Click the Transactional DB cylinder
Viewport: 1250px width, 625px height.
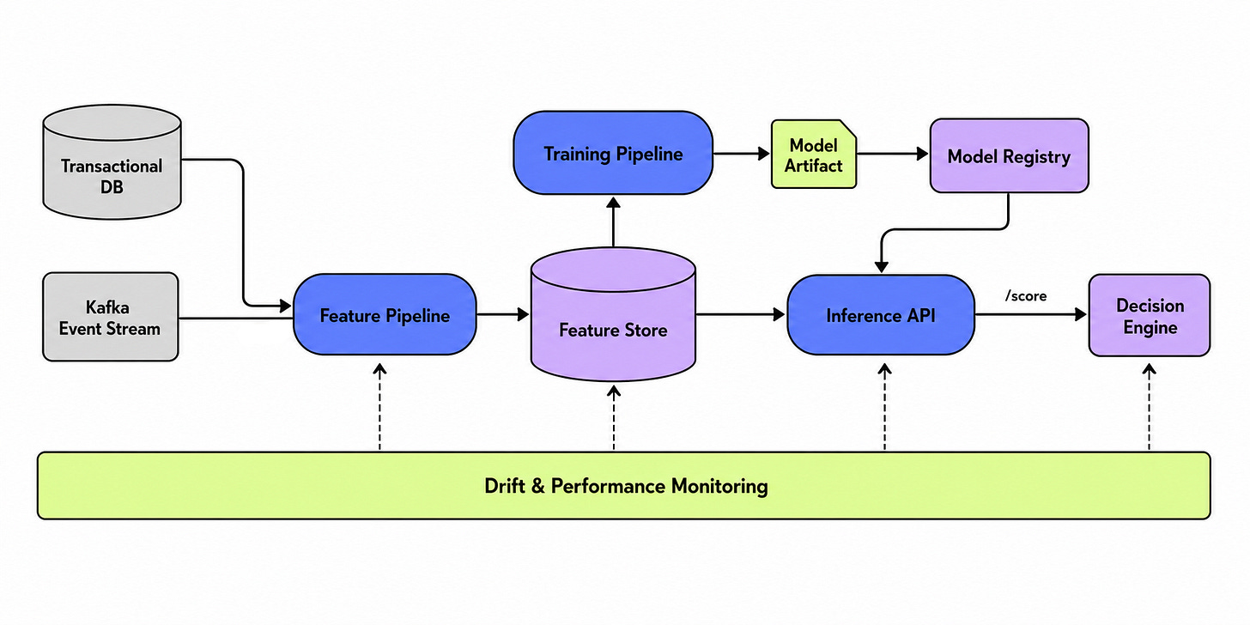tap(112, 161)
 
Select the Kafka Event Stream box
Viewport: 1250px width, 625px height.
tap(111, 317)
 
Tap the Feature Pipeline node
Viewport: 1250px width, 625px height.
tap(385, 315)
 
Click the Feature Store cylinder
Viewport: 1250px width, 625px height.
tap(613, 315)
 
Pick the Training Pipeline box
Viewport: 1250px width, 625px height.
tap(613, 153)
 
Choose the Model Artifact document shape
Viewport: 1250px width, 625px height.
tap(814, 154)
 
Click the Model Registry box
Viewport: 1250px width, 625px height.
tap(1009, 155)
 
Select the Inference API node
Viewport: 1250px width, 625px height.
tap(881, 315)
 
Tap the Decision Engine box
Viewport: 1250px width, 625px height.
tap(1150, 315)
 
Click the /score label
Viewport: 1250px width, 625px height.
tap(1026, 295)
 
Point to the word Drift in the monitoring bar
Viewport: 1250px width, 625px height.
tap(505, 486)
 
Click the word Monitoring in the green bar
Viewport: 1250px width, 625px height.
tap(719, 487)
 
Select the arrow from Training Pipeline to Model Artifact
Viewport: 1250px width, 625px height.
tap(741, 153)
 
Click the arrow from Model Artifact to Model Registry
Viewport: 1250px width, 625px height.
tap(893, 154)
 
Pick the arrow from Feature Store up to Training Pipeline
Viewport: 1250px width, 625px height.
tap(613, 221)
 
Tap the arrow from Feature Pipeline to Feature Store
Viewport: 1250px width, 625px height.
tap(503, 315)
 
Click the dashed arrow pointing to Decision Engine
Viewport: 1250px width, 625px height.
tap(1149, 407)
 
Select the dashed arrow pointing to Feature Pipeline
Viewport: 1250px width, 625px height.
tap(379, 407)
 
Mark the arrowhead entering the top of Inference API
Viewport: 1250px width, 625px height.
tap(881, 267)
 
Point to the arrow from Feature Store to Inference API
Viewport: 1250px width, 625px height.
tap(741, 315)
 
